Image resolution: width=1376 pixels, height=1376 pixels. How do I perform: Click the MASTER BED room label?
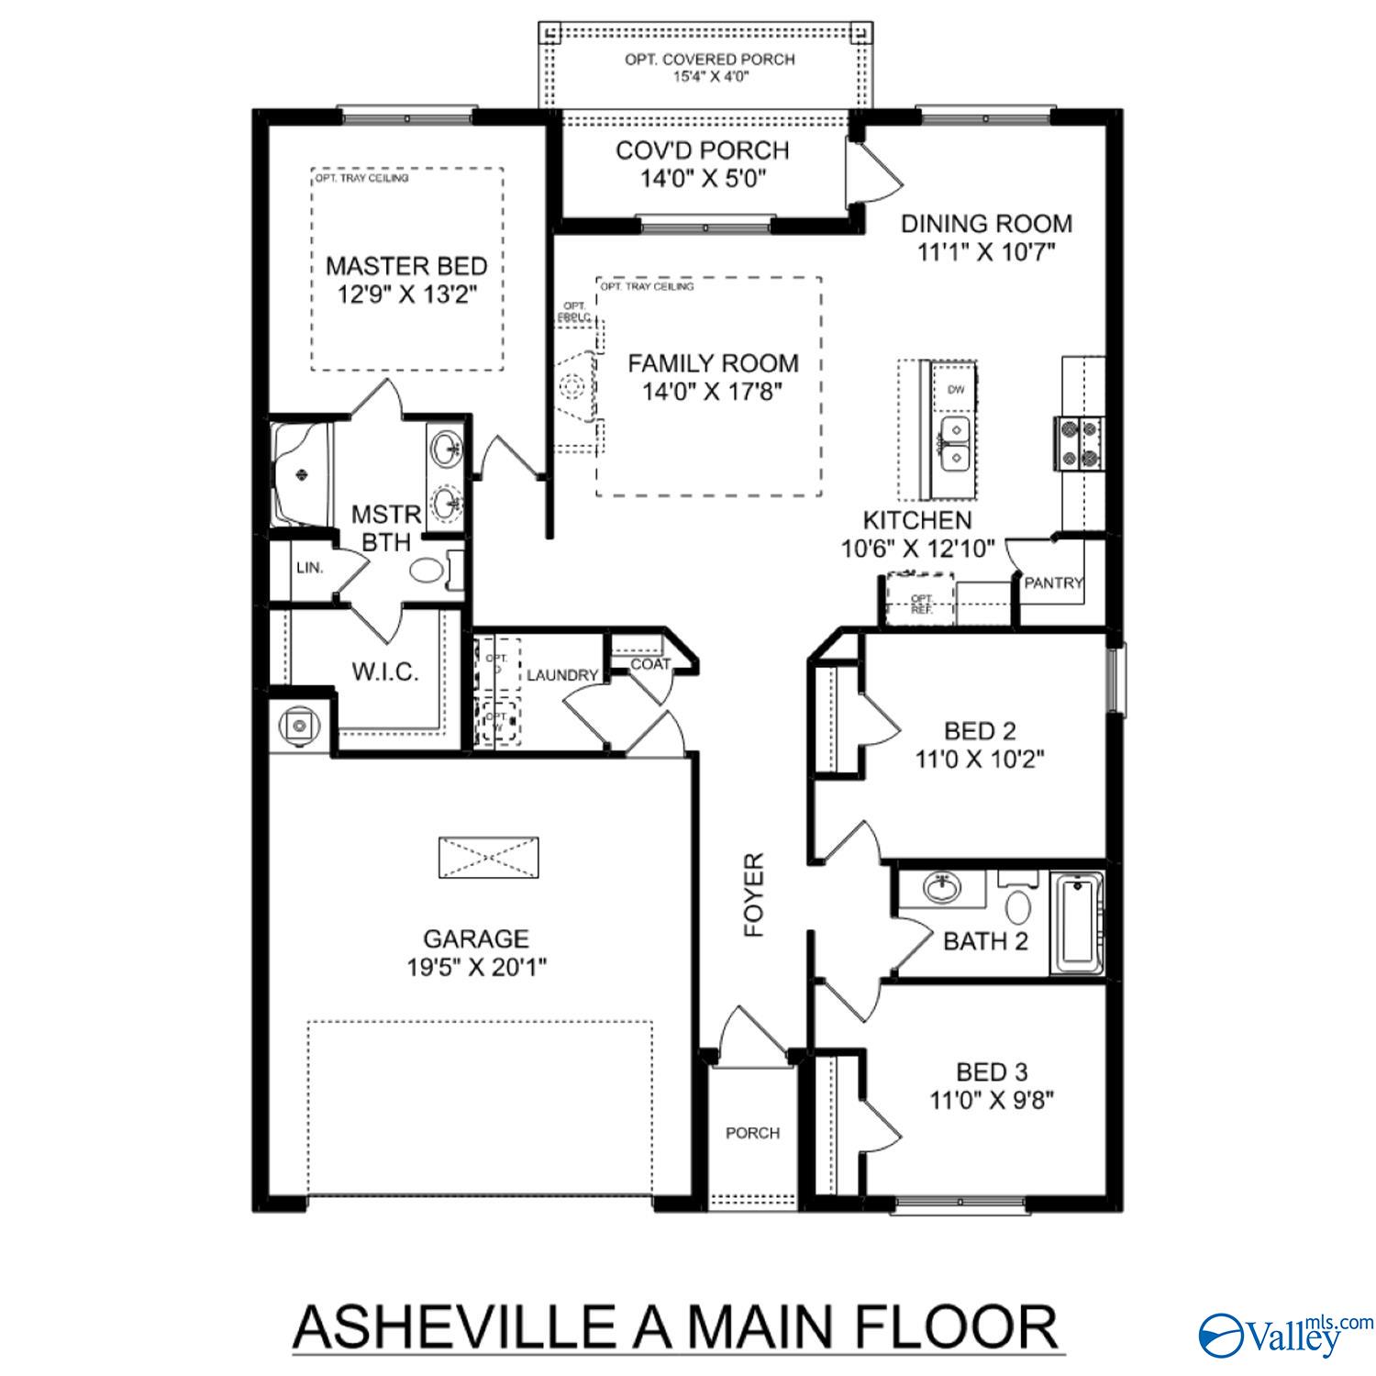(406, 267)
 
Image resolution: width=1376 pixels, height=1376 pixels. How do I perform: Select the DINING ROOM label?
(986, 224)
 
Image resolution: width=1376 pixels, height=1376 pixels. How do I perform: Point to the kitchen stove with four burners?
(1080, 443)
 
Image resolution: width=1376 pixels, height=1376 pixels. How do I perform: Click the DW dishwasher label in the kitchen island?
(956, 390)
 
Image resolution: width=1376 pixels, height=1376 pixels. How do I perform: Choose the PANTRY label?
(1053, 583)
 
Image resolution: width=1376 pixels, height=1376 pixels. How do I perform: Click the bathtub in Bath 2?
(1077, 924)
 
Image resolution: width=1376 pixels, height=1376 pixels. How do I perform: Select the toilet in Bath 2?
(1017, 904)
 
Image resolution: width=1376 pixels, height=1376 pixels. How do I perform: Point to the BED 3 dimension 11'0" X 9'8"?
(992, 1100)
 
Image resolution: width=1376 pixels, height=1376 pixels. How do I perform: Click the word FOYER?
(754, 894)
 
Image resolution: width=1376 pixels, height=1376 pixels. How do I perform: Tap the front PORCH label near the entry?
(752, 1133)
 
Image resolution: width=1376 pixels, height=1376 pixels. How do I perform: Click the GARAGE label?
(476, 938)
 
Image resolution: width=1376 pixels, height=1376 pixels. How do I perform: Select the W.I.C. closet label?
(385, 672)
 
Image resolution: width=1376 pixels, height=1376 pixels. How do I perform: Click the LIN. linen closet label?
(310, 568)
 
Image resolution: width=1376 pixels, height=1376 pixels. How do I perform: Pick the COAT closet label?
(650, 664)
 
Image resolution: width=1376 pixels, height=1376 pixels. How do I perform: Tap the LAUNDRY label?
(561, 675)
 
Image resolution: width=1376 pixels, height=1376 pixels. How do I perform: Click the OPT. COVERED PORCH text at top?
(710, 60)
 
